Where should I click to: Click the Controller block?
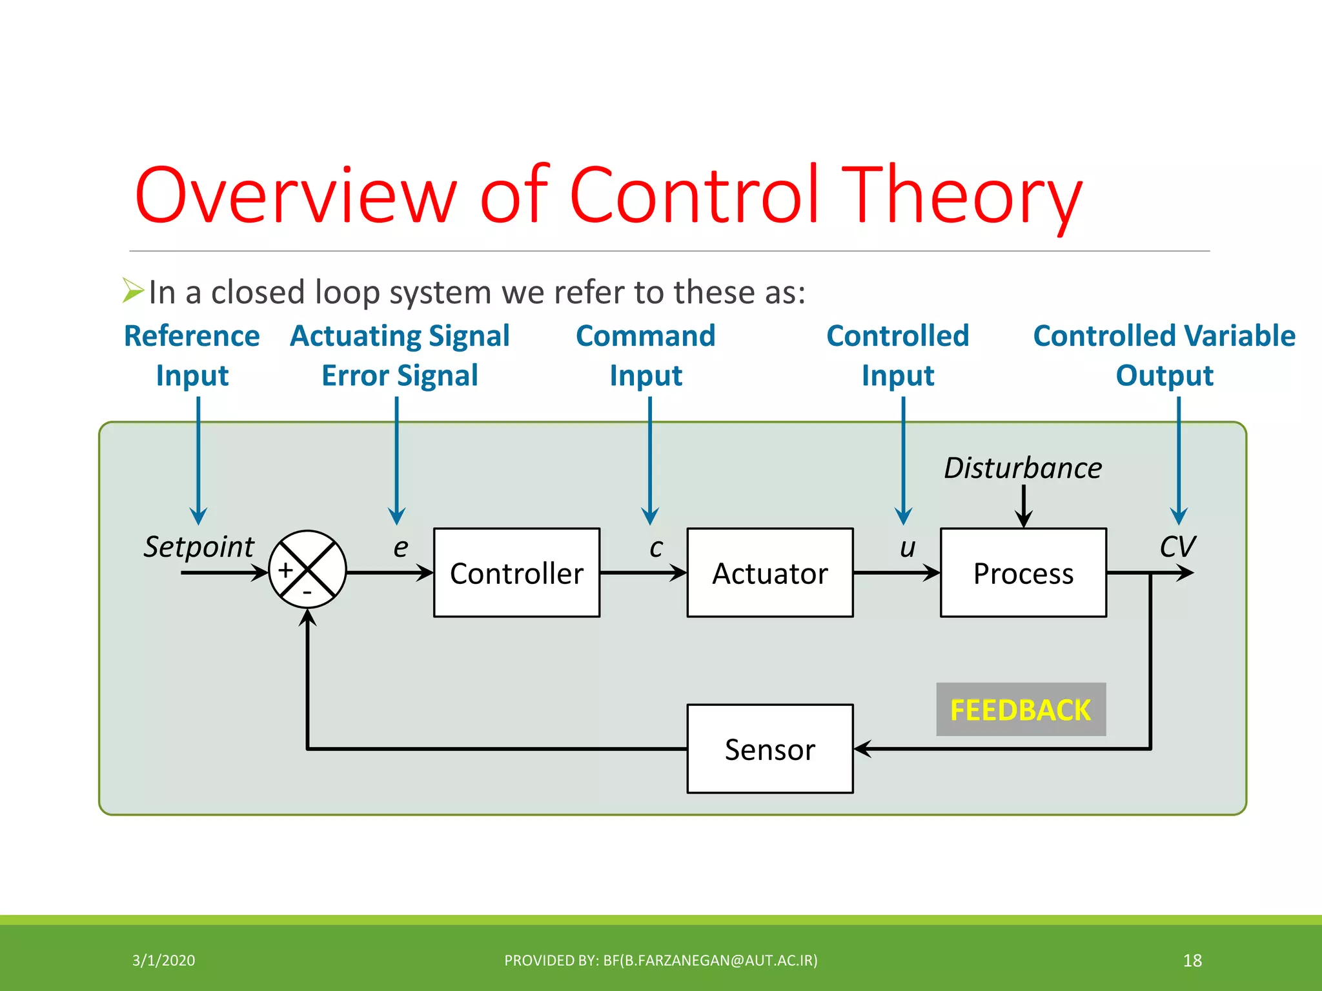click(x=516, y=573)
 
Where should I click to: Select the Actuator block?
click(x=769, y=573)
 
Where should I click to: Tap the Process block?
click(x=1023, y=573)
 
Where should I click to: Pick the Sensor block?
click(x=769, y=748)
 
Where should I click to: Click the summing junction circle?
click(x=307, y=569)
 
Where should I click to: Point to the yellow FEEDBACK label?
click(x=1021, y=710)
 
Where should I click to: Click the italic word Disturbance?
click(x=1022, y=468)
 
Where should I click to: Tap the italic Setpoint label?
click(x=199, y=547)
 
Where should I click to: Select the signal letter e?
click(x=401, y=548)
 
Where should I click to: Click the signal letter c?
click(x=656, y=548)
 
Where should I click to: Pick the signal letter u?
click(x=908, y=548)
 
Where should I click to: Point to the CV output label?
click(x=1177, y=547)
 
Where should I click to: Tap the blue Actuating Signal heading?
click(x=400, y=336)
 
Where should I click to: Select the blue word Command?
click(x=646, y=336)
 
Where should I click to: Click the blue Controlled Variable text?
click(x=1164, y=336)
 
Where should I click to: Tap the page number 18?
click(x=1192, y=961)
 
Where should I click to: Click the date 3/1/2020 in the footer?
click(x=163, y=961)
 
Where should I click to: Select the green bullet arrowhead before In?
click(x=132, y=290)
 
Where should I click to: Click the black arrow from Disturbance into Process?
click(x=1024, y=507)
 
